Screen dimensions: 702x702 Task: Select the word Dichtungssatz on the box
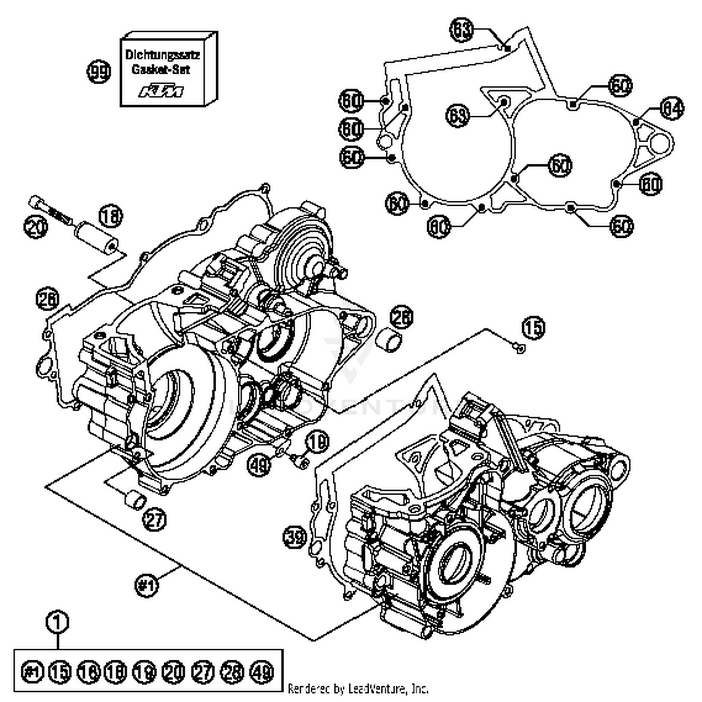(x=162, y=55)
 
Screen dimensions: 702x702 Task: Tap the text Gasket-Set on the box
(x=161, y=69)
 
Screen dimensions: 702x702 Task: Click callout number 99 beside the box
(x=99, y=73)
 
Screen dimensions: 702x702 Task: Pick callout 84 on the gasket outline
(x=672, y=109)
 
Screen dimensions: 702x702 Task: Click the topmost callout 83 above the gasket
(x=461, y=30)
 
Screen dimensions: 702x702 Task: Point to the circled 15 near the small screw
(x=534, y=328)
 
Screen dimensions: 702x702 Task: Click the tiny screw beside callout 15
(x=519, y=347)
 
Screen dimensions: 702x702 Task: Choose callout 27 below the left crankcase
(x=155, y=519)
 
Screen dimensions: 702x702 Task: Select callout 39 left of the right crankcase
(x=295, y=537)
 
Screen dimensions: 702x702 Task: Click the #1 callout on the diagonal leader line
(x=146, y=585)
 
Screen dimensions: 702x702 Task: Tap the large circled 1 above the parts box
(x=58, y=622)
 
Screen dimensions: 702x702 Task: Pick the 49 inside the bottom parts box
(x=261, y=672)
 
